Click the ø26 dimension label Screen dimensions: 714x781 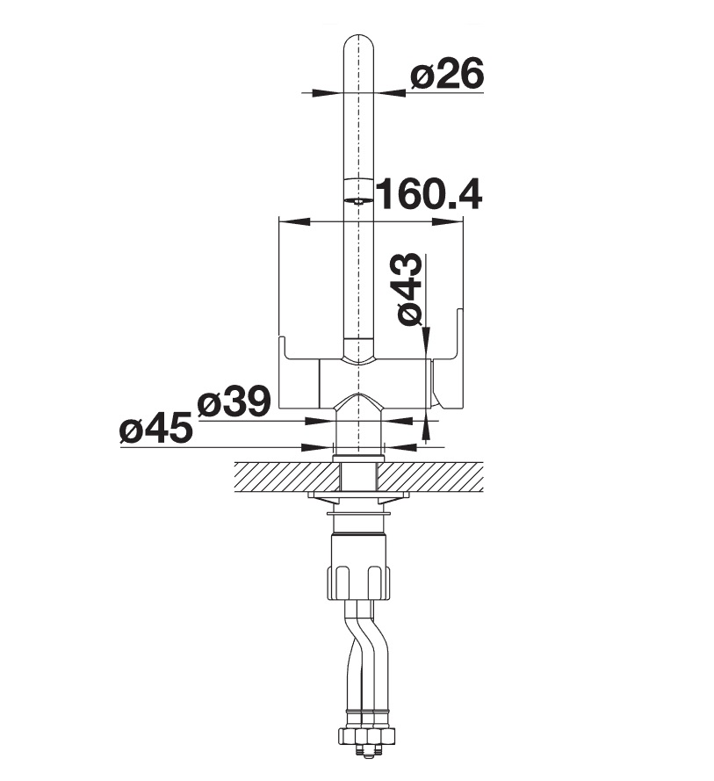click(447, 73)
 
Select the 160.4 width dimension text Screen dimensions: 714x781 click(429, 195)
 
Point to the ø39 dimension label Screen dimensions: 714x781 click(234, 401)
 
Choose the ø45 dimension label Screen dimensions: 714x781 click(155, 428)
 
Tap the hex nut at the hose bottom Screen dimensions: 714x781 click(367, 734)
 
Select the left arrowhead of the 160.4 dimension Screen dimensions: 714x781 click(294, 221)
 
